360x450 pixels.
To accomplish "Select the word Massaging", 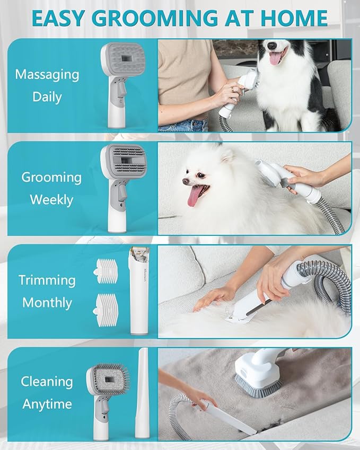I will (x=47, y=74).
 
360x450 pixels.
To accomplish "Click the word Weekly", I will (x=51, y=200).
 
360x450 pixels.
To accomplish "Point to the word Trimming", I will (x=47, y=279).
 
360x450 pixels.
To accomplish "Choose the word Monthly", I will (x=47, y=303).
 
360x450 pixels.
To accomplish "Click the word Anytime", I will (x=47, y=404).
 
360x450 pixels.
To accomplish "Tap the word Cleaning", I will (x=47, y=381).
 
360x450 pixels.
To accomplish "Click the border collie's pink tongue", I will (x=276, y=57).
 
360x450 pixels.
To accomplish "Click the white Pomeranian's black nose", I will (x=186, y=182).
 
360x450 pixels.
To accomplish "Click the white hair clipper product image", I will (x=137, y=292).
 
